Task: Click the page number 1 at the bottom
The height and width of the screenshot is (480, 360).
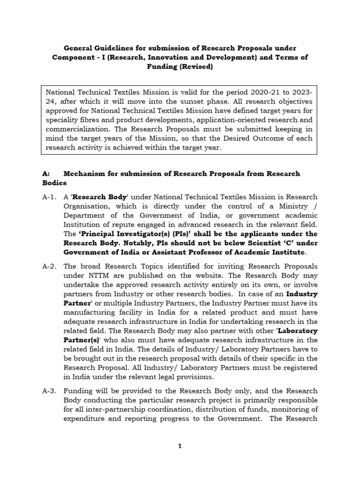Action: click(180, 446)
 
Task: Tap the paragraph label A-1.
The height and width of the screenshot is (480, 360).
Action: click(49, 197)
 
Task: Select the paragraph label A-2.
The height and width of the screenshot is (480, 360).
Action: click(49, 266)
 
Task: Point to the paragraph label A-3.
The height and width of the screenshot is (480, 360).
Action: click(49, 390)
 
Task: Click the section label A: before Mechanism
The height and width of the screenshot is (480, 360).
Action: click(45, 173)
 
